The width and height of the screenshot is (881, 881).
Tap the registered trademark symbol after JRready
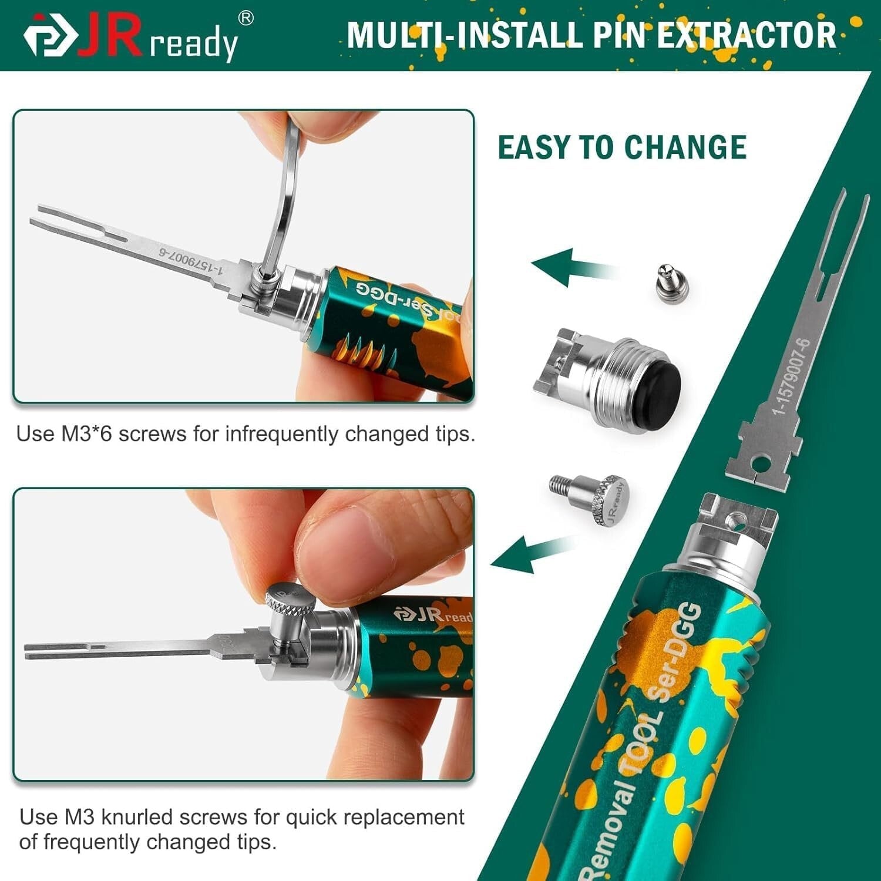(246, 19)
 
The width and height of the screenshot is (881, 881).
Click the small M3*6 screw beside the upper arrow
(671, 281)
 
